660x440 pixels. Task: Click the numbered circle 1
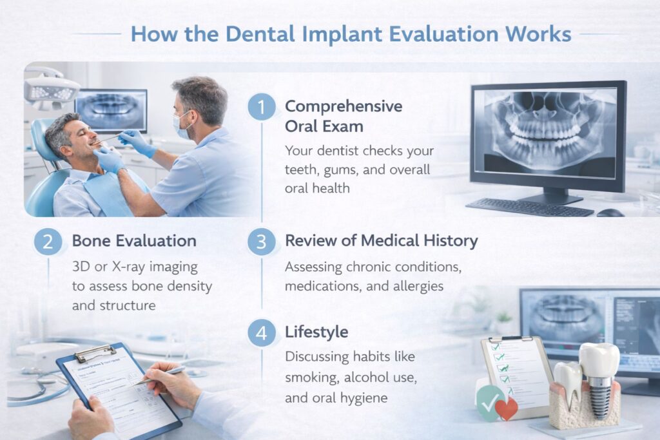(261, 107)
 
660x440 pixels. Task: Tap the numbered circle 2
(48, 242)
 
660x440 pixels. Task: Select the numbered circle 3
(261, 242)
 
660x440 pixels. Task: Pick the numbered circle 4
(261, 333)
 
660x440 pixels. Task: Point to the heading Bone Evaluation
(134, 241)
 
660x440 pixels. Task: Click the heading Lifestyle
(316, 332)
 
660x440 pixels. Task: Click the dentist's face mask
(182, 126)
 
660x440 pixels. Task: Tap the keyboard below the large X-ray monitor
(529, 207)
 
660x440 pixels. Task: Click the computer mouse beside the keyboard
(610, 213)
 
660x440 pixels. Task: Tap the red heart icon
(507, 408)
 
